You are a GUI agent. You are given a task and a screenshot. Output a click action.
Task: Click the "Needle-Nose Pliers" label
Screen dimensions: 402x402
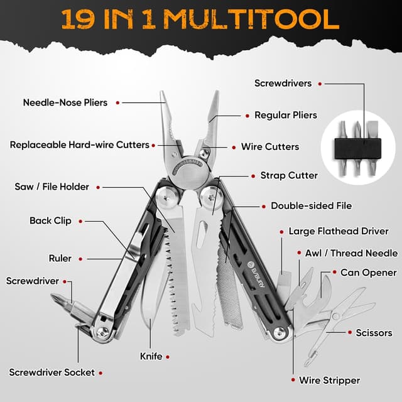click(x=65, y=102)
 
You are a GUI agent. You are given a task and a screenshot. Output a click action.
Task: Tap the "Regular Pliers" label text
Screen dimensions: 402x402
click(x=285, y=116)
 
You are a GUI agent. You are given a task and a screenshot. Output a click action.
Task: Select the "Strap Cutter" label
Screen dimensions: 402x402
click(x=289, y=176)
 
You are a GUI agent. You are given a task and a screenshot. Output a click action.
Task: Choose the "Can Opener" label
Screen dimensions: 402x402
click(x=368, y=273)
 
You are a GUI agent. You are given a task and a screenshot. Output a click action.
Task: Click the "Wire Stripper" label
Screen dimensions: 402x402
click(x=329, y=381)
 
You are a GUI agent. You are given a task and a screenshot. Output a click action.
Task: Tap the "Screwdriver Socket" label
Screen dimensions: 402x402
click(x=51, y=372)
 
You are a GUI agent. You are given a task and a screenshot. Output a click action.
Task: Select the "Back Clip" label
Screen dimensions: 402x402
click(x=50, y=221)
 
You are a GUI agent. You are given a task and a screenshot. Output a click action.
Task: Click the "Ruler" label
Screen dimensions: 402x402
click(x=60, y=258)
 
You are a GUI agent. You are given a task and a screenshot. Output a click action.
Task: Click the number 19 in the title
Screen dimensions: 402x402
click(x=79, y=19)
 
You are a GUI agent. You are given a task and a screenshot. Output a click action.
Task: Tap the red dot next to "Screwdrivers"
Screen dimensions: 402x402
click(x=319, y=84)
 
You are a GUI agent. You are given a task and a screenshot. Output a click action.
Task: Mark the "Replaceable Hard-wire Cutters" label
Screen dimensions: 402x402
click(x=79, y=145)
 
